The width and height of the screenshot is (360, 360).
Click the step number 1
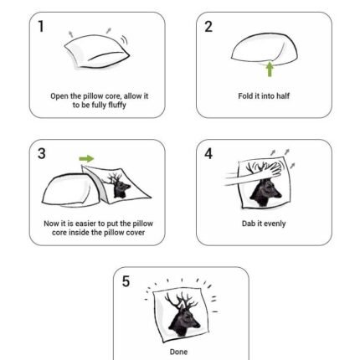point(41,27)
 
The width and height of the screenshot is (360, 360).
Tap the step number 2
point(208,27)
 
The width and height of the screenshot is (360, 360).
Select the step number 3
point(41,154)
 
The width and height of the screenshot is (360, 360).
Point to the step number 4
point(208,154)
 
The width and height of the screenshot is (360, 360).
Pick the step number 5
point(126,281)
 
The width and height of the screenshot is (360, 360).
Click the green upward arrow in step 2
point(270,69)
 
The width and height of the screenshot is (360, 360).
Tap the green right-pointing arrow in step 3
point(86,159)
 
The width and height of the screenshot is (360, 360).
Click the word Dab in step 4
point(248,224)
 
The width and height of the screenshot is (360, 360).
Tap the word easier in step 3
point(86,224)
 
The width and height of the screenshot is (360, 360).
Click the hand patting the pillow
point(268,171)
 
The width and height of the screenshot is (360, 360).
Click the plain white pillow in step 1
point(97,53)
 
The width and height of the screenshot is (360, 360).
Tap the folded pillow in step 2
point(265,49)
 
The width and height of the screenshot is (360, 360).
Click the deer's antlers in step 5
point(181,299)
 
